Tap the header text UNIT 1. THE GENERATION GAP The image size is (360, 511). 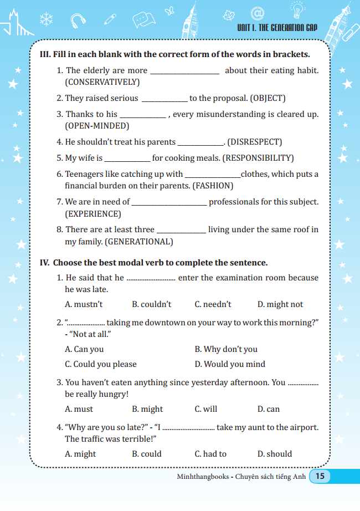[277, 27]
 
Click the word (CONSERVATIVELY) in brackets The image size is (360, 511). [102, 82]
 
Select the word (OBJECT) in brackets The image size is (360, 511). [268, 98]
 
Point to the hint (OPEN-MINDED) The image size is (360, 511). [97, 126]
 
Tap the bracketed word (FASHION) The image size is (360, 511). [213, 186]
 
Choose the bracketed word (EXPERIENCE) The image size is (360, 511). [92, 213]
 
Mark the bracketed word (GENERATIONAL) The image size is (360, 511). [138, 242]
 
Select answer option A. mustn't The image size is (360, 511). [84, 304]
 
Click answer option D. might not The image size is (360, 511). [280, 304]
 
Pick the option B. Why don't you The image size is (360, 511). [226, 349]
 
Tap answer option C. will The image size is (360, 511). [206, 409]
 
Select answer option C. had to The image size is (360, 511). [210, 454]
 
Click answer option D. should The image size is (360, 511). [275, 454]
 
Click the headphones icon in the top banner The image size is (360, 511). [78, 21]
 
